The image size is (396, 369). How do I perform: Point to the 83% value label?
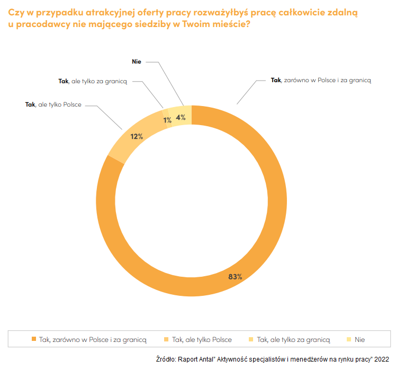coord(236,277)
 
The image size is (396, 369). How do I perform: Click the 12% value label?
coord(137,136)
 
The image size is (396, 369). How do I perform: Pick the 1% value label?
coord(167,120)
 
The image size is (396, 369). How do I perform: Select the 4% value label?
coord(181,118)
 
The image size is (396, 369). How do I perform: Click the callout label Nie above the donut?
coord(137,61)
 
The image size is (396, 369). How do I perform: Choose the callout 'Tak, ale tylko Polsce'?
coord(53,105)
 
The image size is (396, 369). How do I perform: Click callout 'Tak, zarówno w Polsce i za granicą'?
coord(321,80)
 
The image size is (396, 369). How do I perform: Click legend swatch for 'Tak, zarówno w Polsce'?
coord(34,339)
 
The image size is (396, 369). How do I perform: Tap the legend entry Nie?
coord(359,339)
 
